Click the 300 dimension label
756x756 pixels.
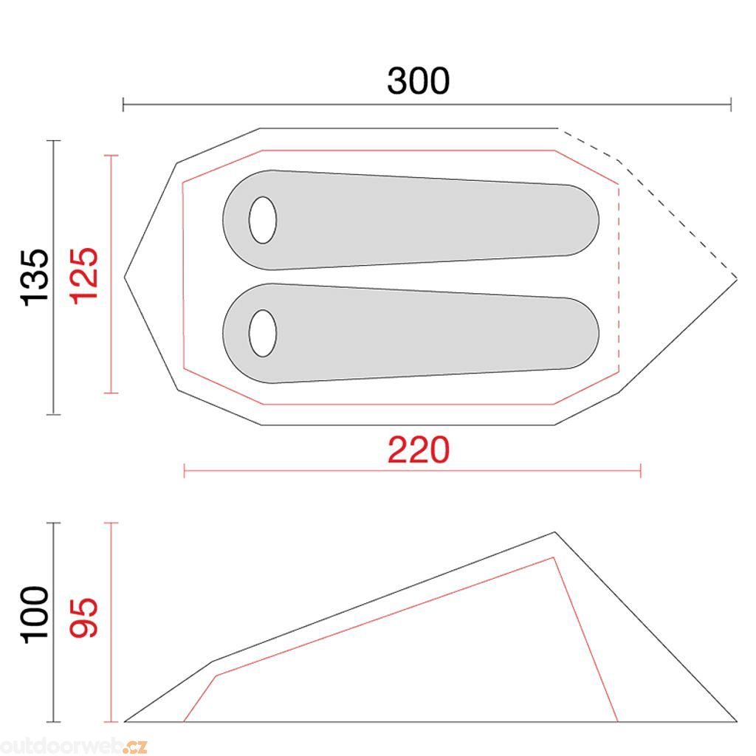[418, 80]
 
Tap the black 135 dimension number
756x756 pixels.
[35, 278]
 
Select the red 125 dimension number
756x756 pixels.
[84, 276]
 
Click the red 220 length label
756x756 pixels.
[419, 450]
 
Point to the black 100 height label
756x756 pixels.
[35, 615]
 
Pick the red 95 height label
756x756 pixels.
[84, 618]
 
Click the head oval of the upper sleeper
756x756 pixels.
[263, 220]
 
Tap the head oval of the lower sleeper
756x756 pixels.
[263, 333]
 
